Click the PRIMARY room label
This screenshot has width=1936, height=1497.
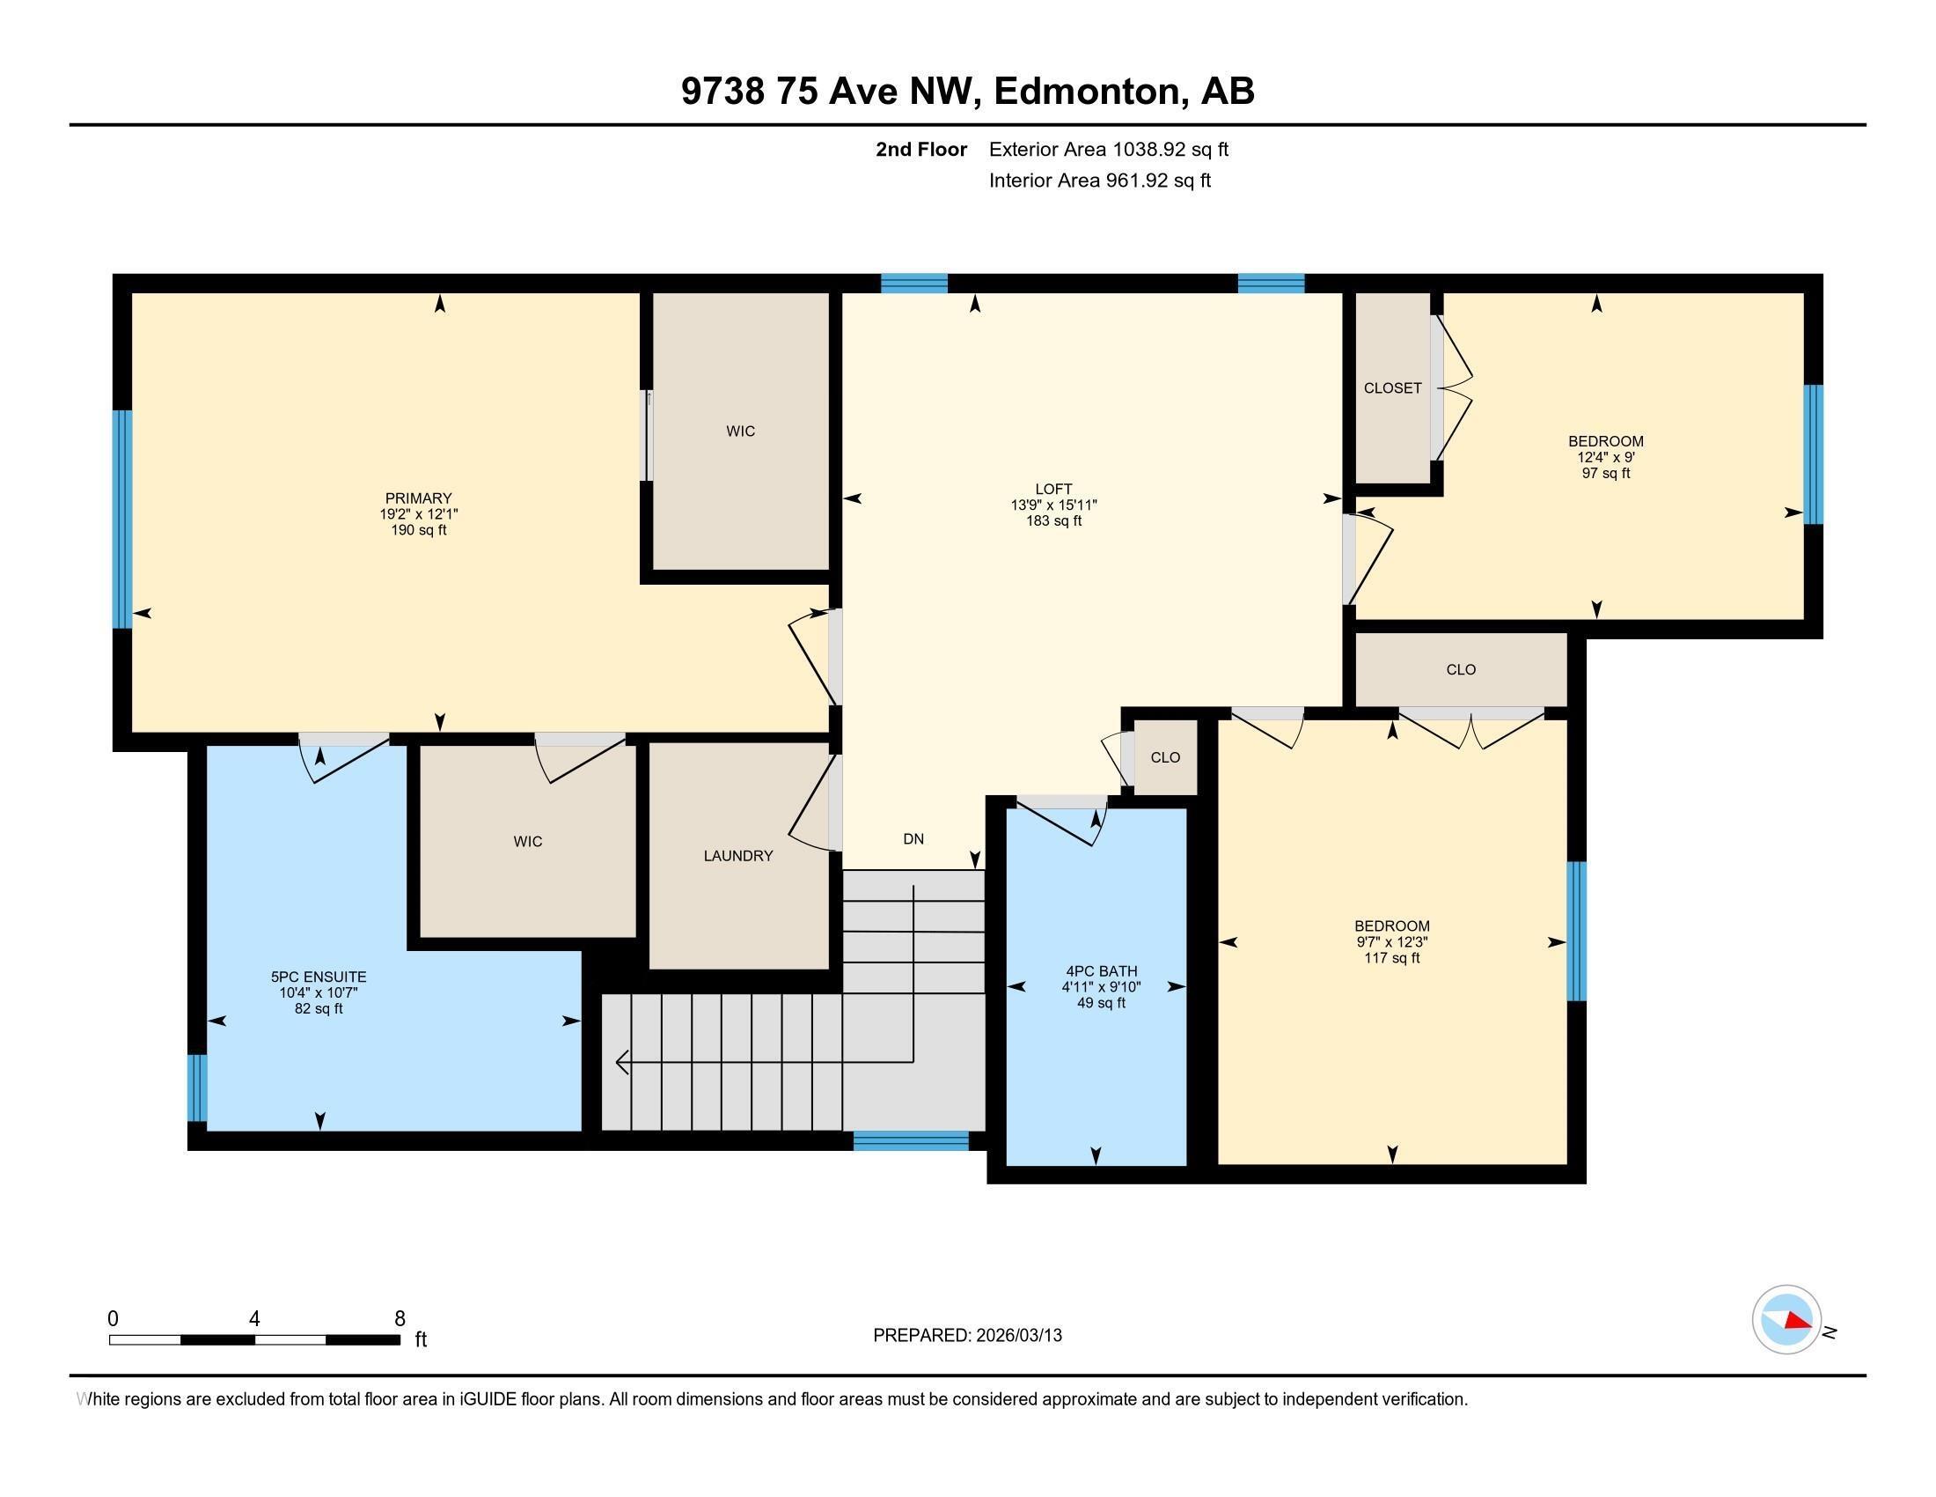(x=418, y=498)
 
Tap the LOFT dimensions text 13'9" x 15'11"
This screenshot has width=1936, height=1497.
(x=1054, y=505)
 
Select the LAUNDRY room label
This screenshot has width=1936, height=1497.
(x=737, y=856)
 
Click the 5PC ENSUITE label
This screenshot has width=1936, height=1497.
(x=319, y=977)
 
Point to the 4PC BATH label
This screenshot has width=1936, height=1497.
(x=1101, y=971)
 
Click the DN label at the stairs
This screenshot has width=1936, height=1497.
(x=913, y=839)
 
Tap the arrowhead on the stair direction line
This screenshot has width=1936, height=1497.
(x=622, y=1062)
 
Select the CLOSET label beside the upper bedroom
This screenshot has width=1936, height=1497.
(x=1392, y=388)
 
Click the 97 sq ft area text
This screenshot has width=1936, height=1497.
(x=1605, y=474)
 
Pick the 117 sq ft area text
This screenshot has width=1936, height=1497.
(x=1392, y=959)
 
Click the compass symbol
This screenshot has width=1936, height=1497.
(x=1786, y=1320)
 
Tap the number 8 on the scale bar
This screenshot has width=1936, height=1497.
(x=400, y=1318)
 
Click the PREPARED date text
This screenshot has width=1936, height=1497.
(x=967, y=1336)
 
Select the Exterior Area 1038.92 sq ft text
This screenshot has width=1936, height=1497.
(x=1108, y=150)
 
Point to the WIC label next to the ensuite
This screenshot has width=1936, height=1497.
(x=527, y=842)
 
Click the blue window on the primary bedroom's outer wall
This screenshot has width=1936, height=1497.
(x=122, y=519)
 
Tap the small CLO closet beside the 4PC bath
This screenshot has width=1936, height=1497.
(x=1165, y=757)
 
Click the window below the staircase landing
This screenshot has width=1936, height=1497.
(x=911, y=1141)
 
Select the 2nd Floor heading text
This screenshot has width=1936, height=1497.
(x=921, y=150)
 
